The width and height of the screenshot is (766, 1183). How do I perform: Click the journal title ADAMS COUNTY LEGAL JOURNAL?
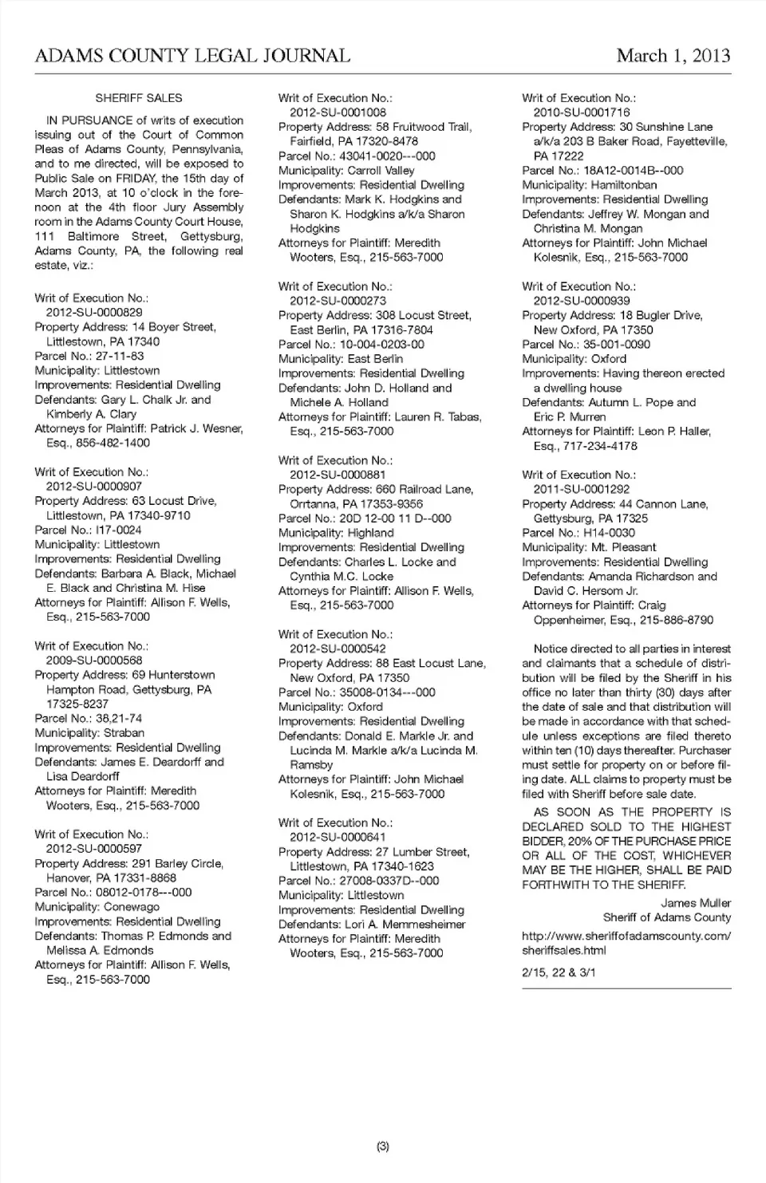(x=192, y=56)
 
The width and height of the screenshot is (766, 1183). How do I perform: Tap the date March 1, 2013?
(x=673, y=56)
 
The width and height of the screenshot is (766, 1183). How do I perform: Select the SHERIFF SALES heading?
(x=139, y=98)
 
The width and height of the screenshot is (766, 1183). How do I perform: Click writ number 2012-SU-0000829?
(x=94, y=313)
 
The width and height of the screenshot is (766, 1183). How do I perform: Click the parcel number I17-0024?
(x=119, y=530)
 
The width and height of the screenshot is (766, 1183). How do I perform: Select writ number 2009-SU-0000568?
(x=94, y=661)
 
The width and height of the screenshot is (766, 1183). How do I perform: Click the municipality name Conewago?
(x=132, y=907)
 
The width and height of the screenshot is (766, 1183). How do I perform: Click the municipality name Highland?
(x=371, y=533)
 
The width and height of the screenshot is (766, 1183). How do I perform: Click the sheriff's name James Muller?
(x=696, y=903)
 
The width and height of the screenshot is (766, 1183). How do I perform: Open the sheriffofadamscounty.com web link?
(x=626, y=943)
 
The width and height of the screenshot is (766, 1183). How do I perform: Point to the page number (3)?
(x=383, y=1146)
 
